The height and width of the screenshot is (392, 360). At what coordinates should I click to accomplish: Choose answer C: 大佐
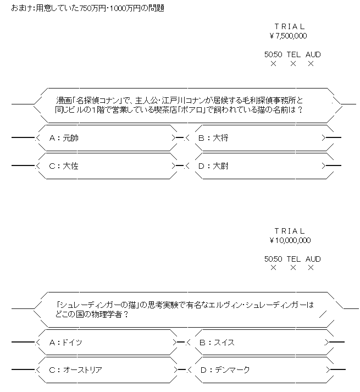[x=64, y=165]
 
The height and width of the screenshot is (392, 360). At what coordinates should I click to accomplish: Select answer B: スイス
[x=216, y=343]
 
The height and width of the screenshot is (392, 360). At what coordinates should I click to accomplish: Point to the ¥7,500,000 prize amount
[x=289, y=36]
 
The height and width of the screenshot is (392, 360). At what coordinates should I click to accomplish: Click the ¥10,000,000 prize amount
[x=290, y=240]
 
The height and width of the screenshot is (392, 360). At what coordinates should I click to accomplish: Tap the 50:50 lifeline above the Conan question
[x=273, y=55]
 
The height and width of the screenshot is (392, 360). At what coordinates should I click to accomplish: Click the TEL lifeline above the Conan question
[x=293, y=55]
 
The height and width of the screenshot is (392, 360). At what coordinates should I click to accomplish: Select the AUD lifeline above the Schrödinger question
[x=313, y=259]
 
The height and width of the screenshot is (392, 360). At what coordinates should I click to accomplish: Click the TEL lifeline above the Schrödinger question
[x=293, y=259]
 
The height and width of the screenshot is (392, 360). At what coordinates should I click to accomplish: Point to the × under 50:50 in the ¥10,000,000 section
[x=273, y=268]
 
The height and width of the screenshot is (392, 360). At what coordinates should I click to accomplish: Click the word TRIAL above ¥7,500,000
[x=289, y=26]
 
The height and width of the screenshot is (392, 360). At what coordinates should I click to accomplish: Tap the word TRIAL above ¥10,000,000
[x=289, y=231]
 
